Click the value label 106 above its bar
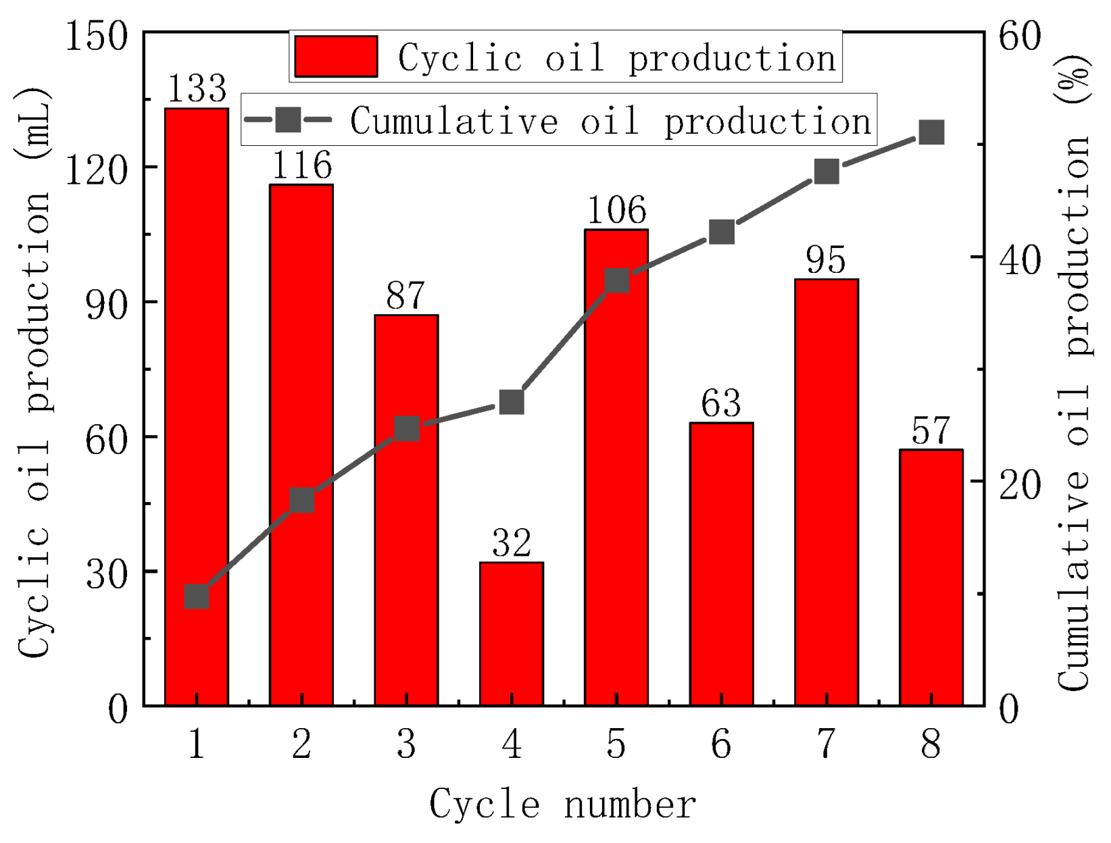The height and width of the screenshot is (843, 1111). click(616, 210)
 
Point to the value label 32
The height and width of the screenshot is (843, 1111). click(511, 542)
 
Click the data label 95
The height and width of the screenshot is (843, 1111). click(826, 260)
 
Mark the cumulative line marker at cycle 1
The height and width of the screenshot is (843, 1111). click(197, 597)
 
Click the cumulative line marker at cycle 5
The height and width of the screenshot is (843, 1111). click(617, 280)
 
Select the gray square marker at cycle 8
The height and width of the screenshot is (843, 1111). click(931, 133)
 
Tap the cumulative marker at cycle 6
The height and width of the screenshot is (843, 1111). click(722, 232)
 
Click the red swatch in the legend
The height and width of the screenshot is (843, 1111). click(336, 57)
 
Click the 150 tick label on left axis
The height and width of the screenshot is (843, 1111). click(96, 35)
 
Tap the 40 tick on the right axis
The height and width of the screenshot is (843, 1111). click(1020, 259)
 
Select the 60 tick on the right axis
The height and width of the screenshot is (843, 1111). click(1020, 35)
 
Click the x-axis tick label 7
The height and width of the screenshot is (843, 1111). click(826, 744)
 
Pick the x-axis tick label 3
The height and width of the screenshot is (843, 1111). click(406, 744)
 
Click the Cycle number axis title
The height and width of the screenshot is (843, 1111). click(562, 804)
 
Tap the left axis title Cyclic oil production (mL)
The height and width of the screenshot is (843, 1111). click(34, 372)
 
